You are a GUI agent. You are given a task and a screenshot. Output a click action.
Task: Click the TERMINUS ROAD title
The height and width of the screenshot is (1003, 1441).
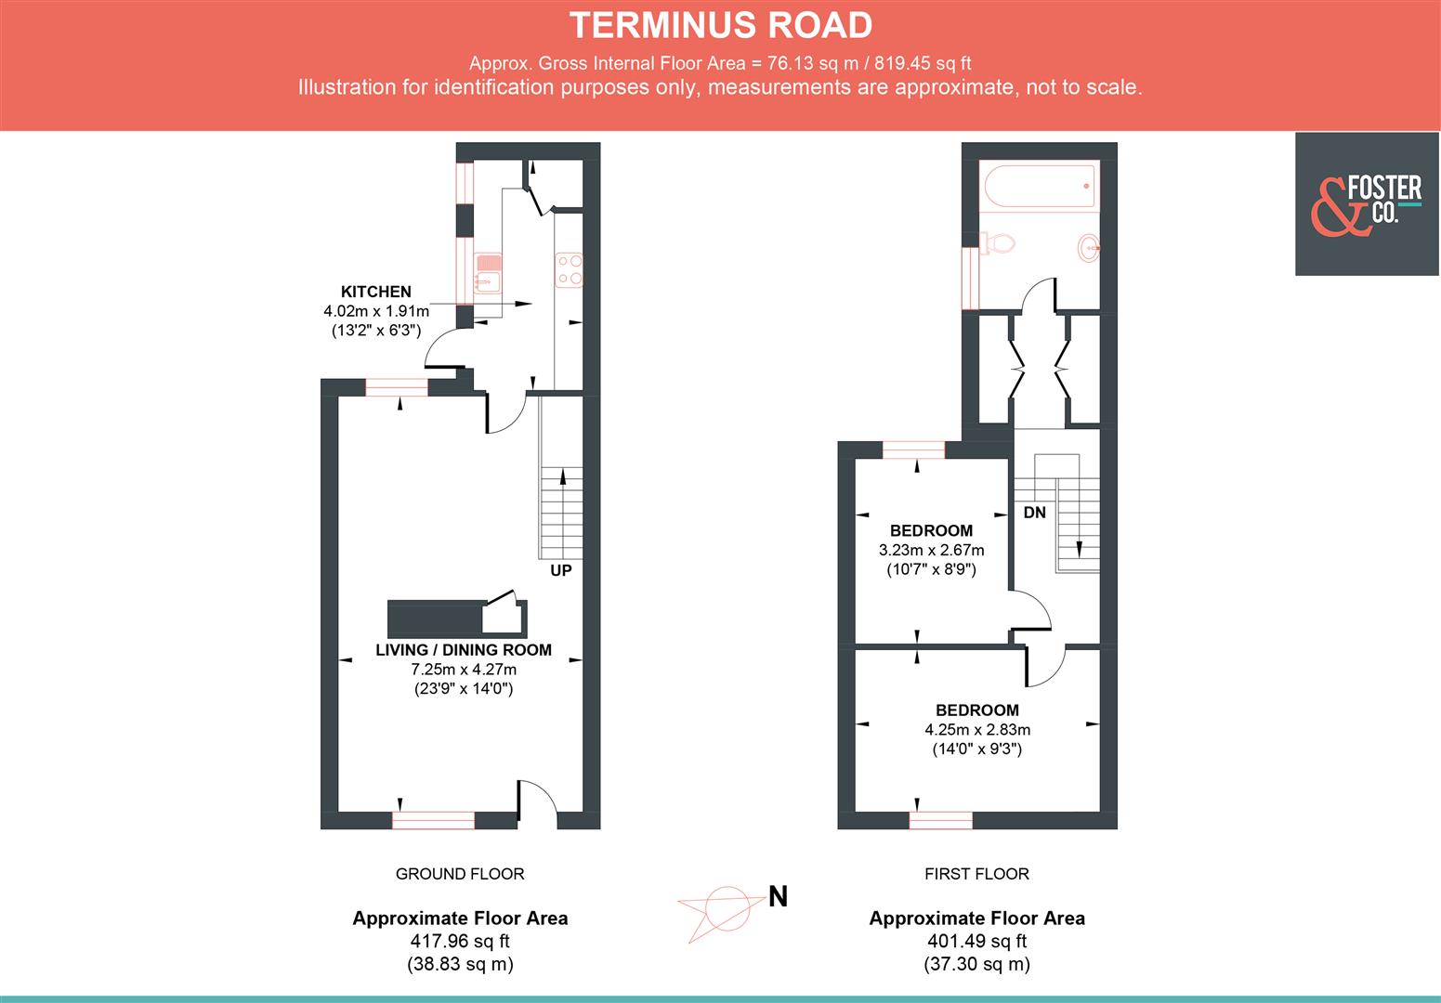720,25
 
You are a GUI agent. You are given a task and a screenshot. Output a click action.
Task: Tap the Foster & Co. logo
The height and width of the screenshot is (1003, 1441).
1367,203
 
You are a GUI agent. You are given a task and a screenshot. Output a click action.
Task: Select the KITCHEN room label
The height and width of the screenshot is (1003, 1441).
375,292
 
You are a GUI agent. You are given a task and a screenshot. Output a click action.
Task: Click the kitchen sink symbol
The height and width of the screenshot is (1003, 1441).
488,272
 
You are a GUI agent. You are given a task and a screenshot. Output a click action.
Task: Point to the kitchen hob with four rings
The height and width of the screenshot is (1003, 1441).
569,269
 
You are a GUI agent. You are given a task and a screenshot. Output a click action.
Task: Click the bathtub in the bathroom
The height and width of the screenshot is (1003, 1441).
1038,186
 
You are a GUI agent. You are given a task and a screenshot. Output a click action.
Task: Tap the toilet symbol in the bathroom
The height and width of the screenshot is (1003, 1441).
997,244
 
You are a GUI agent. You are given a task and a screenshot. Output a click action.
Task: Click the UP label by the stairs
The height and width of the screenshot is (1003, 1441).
560,570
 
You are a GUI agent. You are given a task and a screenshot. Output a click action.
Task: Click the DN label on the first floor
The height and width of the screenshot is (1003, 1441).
1034,513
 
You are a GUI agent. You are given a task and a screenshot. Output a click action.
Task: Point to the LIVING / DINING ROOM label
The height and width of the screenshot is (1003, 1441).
463,650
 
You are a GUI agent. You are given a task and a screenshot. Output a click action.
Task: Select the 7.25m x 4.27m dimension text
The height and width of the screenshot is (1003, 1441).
463,670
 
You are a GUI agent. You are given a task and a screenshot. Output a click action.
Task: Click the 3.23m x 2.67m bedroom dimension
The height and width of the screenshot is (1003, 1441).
931,550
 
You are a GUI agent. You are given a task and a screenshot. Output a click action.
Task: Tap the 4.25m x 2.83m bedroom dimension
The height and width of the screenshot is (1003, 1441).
976,729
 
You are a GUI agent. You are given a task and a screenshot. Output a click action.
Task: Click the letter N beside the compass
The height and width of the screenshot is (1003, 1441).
778,897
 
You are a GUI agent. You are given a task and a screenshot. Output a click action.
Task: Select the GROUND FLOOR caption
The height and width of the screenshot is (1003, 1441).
460,874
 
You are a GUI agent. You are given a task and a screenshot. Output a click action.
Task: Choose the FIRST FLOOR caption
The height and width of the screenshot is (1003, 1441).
976,874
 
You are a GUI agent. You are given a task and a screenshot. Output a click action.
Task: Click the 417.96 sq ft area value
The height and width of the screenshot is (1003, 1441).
460,941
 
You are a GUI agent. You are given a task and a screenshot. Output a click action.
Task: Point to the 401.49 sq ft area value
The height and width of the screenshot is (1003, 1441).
976,941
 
